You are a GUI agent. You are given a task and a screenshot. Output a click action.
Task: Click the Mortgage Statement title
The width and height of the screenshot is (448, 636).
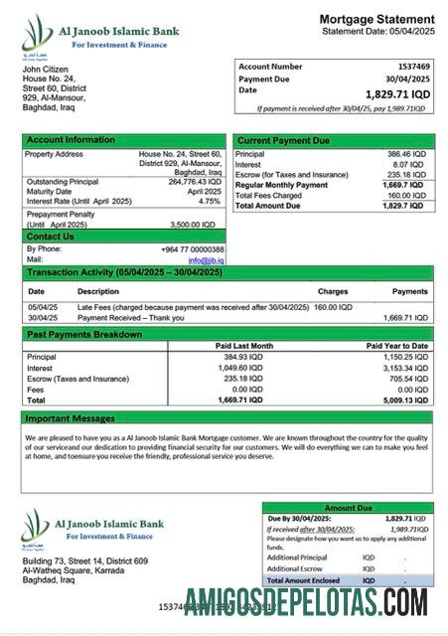[x=376, y=20]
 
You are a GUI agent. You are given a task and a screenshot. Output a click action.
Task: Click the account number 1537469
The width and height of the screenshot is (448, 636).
[x=407, y=67]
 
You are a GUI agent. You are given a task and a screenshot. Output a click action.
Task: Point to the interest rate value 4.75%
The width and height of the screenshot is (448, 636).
[x=209, y=201]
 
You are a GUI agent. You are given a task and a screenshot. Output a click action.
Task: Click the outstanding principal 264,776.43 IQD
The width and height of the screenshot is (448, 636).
[x=194, y=182]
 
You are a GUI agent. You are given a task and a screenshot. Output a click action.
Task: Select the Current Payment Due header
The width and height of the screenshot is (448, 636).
[x=283, y=141]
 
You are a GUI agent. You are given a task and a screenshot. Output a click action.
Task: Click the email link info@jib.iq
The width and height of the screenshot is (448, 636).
[x=207, y=258]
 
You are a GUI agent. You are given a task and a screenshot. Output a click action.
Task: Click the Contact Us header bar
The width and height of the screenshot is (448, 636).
[x=50, y=237]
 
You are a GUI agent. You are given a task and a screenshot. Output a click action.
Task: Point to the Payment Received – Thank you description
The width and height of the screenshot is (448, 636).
[x=124, y=318]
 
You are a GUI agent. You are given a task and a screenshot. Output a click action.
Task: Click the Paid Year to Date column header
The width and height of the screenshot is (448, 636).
[x=397, y=345]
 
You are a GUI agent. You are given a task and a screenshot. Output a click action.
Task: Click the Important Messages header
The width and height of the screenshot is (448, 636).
[x=70, y=418]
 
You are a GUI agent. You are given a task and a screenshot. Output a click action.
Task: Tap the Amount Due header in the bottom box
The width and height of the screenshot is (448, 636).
[x=348, y=508]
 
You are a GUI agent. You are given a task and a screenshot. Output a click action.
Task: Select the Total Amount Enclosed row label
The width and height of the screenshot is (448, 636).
[x=303, y=580]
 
